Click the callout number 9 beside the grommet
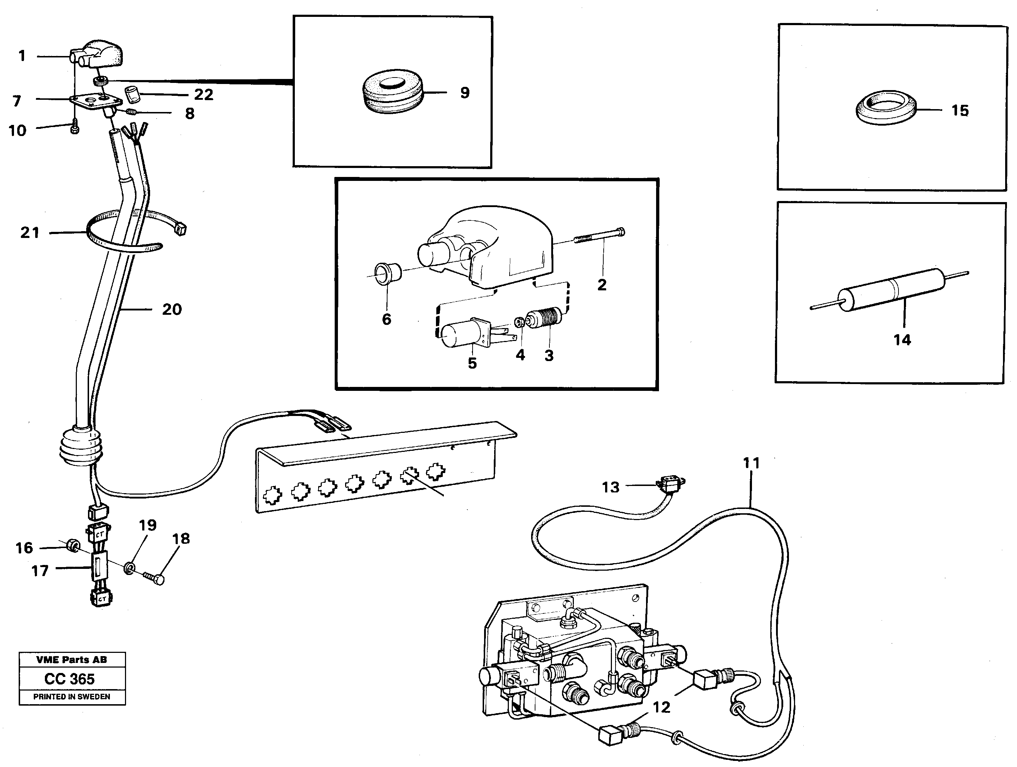point(465,93)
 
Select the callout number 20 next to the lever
point(172,309)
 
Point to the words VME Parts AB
point(72,660)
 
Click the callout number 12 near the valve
point(661,707)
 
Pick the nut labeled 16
point(71,546)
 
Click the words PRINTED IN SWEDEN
point(72,697)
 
